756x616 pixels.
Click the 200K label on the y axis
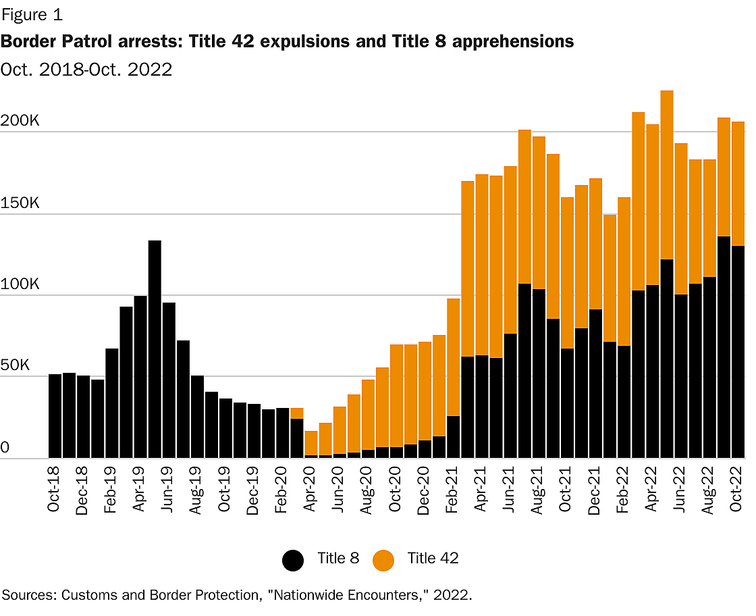pyautogui.click(x=21, y=122)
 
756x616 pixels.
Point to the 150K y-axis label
pyautogui.click(x=21, y=203)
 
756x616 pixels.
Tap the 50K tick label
pyautogui.click(x=16, y=365)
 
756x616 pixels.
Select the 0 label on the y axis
pyautogui.click(x=5, y=447)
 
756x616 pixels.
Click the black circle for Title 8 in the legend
pyautogui.click(x=293, y=560)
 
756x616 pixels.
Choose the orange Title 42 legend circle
pyautogui.click(x=383, y=560)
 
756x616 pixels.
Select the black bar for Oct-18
pyautogui.click(x=55, y=416)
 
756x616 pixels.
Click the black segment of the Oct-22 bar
pyautogui.click(x=738, y=352)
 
